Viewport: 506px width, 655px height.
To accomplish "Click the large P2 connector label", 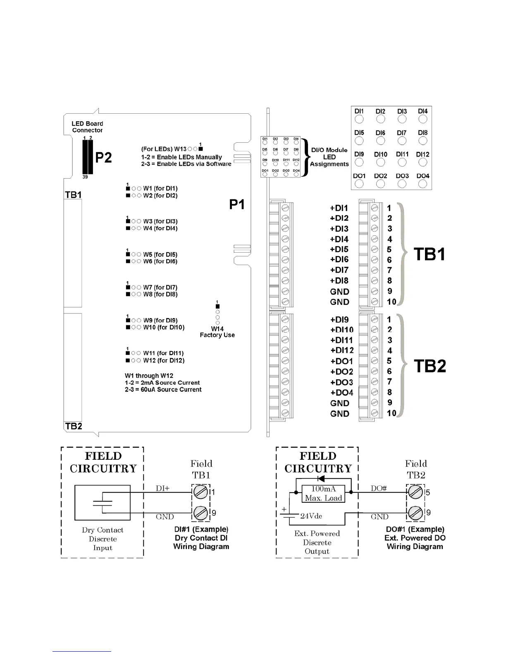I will (103, 158).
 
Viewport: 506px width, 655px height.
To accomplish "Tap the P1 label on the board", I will (237, 204).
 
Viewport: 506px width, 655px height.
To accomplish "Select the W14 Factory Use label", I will (217, 332).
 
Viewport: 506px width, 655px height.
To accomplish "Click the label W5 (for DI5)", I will (160, 254).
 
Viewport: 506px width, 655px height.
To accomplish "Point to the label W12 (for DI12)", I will (164, 361).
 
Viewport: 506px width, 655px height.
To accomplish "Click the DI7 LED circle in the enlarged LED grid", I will (401, 141).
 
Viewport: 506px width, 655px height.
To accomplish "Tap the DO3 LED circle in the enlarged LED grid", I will (402, 184).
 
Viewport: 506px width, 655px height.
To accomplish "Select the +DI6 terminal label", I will (339, 260).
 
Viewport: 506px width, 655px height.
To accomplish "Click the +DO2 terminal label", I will (341, 372).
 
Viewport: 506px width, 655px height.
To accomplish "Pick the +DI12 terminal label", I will (342, 351).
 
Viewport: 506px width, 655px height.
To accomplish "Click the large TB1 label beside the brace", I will (430, 254).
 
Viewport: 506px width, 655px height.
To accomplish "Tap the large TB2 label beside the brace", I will (430, 366).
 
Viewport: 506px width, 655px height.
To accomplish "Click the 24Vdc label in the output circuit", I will (311, 516).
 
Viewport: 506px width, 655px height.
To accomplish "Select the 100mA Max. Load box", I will (323, 493).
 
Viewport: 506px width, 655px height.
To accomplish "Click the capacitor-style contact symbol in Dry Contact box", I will (103, 503).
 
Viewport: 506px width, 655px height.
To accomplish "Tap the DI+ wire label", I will (162, 488).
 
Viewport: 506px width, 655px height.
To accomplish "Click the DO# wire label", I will (378, 488).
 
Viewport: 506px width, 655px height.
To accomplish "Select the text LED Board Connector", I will (87, 127).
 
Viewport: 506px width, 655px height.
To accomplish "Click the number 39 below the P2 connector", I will (85, 177).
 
